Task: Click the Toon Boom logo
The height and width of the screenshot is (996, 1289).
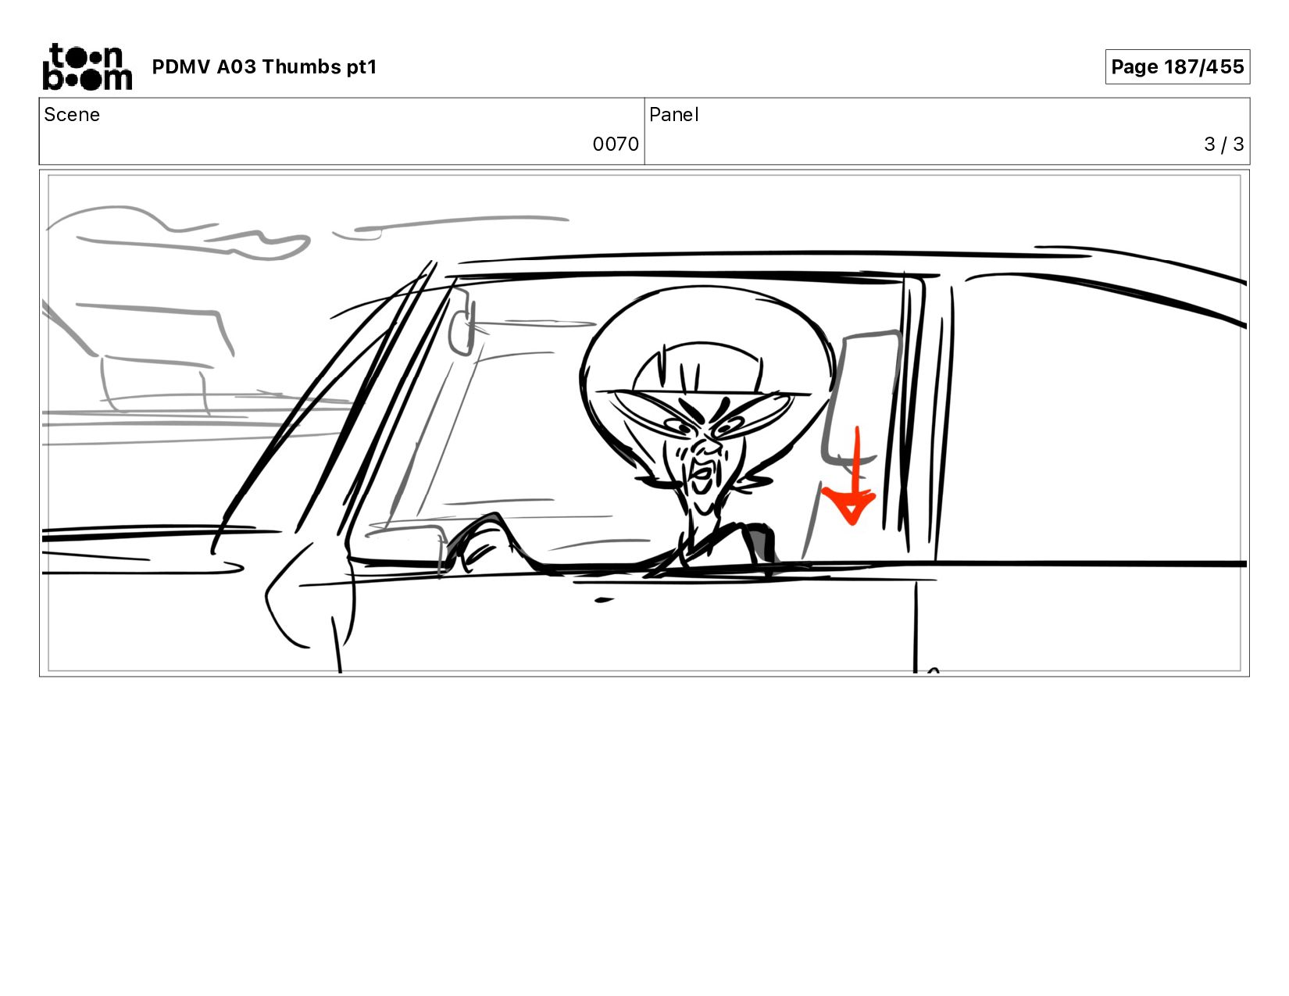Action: [87, 66]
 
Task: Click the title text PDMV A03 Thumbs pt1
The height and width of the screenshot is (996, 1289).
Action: [265, 66]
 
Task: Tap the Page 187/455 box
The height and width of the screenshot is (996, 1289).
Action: [1177, 66]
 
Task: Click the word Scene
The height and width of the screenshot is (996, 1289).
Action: [72, 115]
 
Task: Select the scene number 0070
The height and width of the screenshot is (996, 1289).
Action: [615, 145]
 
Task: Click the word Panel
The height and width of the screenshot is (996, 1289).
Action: [674, 115]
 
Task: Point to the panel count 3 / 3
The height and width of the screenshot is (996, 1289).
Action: [1223, 145]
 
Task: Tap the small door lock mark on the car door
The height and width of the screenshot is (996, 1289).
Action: [603, 600]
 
